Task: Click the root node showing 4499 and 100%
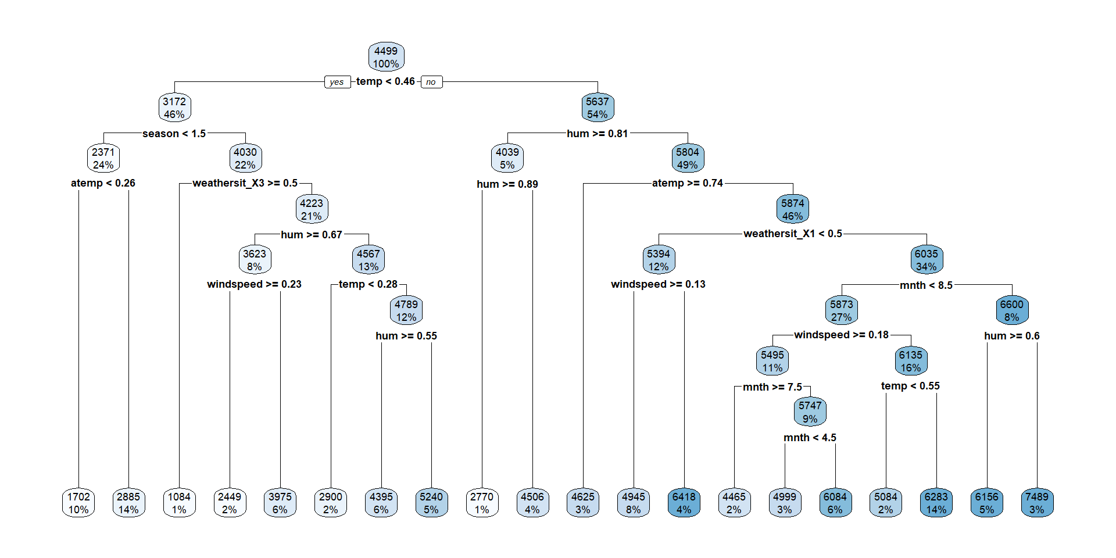click(x=386, y=57)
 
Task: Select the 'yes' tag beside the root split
click(x=337, y=82)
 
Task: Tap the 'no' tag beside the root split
click(x=431, y=82)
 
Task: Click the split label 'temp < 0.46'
click(x=385, y=81)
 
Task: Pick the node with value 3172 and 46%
click(x=174, y=108)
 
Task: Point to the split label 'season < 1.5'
click(x=174, y=134)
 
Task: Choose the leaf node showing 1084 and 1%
click(x=179, y=503)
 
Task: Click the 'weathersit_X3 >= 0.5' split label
click(x=245, y=183)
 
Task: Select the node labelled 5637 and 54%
click(x=597, y=108)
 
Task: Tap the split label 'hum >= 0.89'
click(x=507, y=184)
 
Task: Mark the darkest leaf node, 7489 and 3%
click(x=1037, y=503)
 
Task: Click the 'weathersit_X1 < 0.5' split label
click(x=792, y=234)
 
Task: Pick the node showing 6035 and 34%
click(x=926, y=260)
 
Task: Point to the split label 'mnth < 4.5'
click(x=810, y=438)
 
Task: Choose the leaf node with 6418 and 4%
click(x=684, y=503)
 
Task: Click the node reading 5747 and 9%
click(x=810, y=412)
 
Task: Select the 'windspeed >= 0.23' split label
click(x=254, y=284)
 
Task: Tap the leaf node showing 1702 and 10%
click(x=78, y=503)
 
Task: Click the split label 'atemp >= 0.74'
click(x=687, y=183)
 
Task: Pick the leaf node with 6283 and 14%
click(x=936, y=503)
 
